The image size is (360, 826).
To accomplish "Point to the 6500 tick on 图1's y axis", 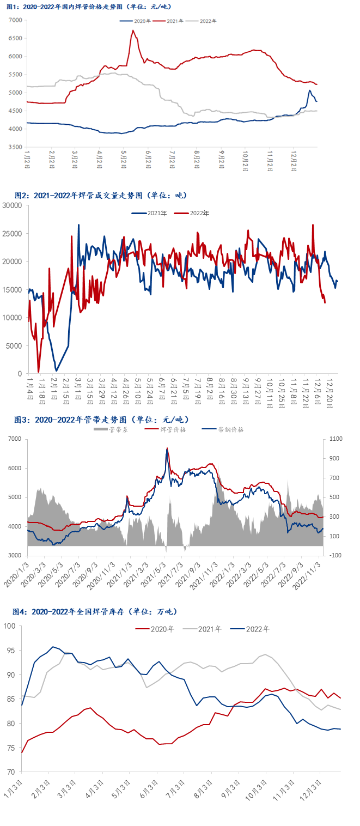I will (x=15, y=38).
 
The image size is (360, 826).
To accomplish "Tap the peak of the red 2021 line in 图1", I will (x=133, y=31).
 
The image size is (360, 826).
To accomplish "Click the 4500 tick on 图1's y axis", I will (x=15, y=111).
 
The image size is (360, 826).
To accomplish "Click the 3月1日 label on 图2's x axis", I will (x=77, y=387).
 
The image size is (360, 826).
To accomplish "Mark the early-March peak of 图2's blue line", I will (x=78, y=225).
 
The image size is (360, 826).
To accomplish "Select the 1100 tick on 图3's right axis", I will (x=335, y=439).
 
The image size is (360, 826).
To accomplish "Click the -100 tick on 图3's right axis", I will (x=335, y=555).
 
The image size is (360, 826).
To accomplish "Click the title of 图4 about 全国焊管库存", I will (x=95, y=612).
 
